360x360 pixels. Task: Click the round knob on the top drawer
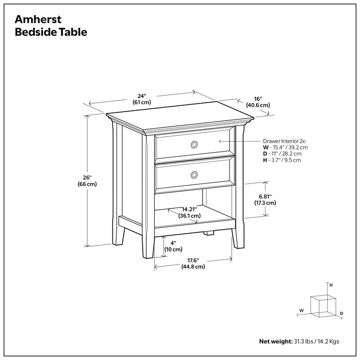tap(194, 144)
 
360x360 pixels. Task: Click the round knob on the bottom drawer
tap(194, 175)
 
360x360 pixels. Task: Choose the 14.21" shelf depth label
tap(189, 212)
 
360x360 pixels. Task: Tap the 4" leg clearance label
tap(173, 246)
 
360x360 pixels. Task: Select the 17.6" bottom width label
tap(193, 263)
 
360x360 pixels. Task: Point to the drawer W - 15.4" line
tap(285, 147)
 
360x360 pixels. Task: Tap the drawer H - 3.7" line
tap(282, 160)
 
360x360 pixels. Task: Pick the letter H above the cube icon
tap(331, 285)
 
